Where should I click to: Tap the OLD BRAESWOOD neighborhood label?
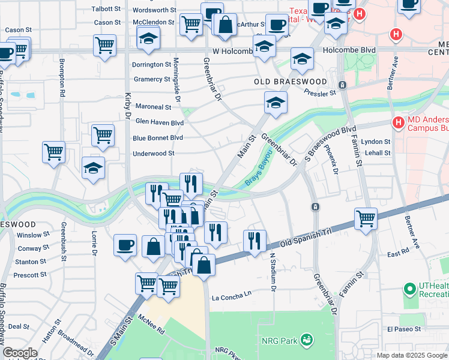291,82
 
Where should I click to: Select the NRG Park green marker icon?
306,340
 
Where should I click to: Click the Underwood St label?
153,154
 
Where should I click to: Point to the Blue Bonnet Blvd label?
157,137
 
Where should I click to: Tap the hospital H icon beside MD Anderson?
397,122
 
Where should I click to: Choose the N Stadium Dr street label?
272,272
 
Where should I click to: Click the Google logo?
20,353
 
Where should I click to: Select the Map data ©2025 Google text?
411,355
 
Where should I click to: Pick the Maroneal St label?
153,107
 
